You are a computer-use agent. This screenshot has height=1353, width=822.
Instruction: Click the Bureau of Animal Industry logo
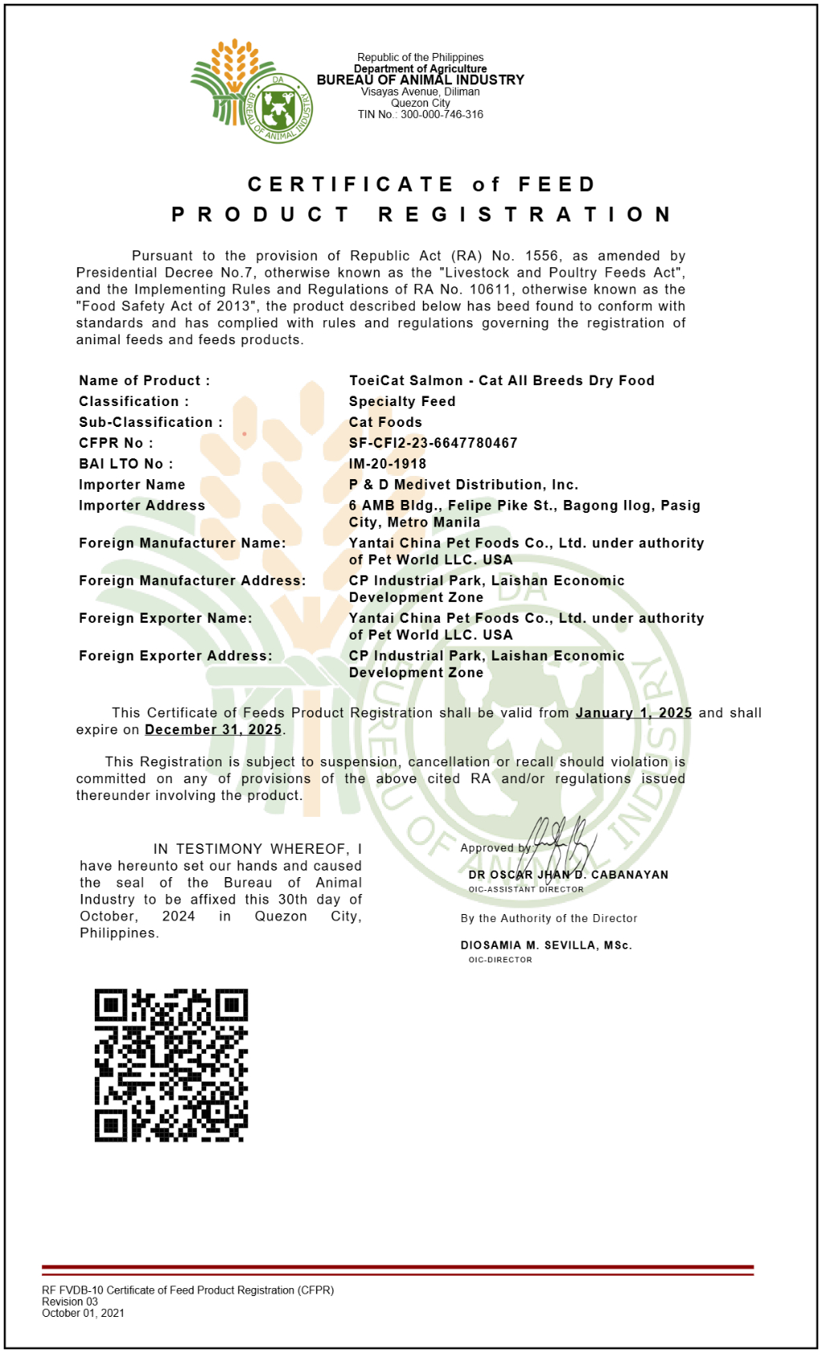[250, 91]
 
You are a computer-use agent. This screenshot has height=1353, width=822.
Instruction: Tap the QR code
[171, 1065]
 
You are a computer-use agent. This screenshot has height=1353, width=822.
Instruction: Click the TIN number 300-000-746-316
[442, 115]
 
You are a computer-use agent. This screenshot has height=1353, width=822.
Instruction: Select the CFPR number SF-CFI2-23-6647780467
[433, 443]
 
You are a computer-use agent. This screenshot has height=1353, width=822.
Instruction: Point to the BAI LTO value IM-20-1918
[387, 464]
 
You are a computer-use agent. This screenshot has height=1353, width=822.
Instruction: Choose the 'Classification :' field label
[133, 401]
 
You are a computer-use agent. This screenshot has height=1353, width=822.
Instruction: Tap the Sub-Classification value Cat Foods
[385, 422]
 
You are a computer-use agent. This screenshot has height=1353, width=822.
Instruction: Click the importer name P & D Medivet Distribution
[463, 485]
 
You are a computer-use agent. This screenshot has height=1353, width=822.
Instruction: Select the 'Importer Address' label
[141, 506]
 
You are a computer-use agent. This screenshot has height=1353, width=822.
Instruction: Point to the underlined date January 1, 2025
[633, 713]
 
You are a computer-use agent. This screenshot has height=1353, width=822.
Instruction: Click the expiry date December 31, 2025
[213, 729]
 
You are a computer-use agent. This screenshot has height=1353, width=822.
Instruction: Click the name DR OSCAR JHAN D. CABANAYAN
[568, 875]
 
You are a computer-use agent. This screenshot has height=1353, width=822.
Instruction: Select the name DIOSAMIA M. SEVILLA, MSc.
[546, 945]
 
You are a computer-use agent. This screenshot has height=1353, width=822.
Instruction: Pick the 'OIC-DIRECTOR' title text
[500, 960]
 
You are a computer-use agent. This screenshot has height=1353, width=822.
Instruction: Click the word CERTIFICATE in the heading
[351, 185]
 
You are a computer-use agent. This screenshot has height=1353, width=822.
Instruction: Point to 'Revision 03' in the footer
[70, 1302]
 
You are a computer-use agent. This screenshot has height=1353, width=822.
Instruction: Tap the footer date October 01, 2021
[83, 1313]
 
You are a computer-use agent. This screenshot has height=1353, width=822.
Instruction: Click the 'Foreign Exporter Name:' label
[165, 618]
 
